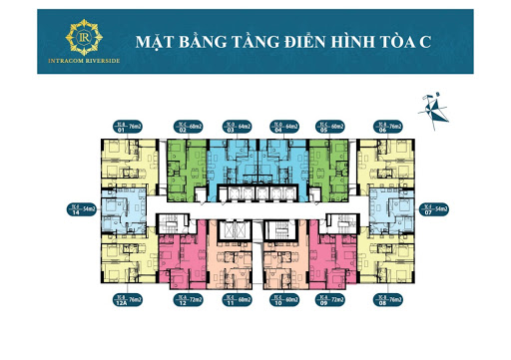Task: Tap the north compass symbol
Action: point(434,104)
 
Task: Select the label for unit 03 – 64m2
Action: point(237,127)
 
